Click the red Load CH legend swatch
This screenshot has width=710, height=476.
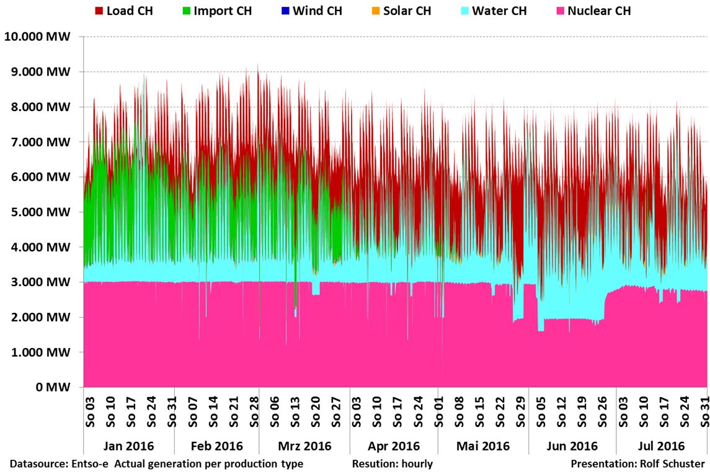click(99, 11)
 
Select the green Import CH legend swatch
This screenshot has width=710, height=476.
click(185, 11)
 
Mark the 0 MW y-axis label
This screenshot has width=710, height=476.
click(54, 387)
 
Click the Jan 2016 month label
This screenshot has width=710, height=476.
click(129, 446)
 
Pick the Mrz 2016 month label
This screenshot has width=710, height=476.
click(304, 446)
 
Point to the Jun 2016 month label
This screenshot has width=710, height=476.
click(572, 446)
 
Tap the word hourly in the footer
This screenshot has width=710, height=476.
click(417, 464)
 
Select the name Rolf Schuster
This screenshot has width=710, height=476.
click(675, 464)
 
